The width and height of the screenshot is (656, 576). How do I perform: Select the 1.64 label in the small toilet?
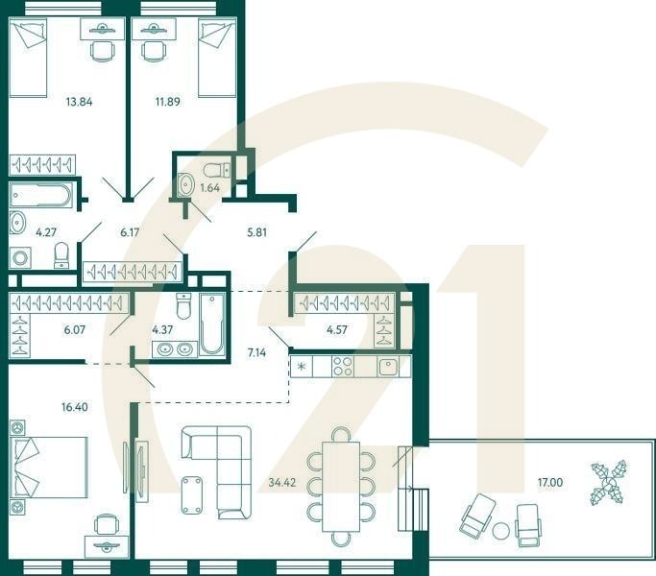coord(209,188)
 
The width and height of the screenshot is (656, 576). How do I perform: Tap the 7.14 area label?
coord(257,352)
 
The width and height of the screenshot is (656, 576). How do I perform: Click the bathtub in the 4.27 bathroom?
coord(40,197)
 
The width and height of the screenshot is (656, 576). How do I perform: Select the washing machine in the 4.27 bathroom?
coord(20,256)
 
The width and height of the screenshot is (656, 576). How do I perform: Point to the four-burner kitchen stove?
coord(344,366)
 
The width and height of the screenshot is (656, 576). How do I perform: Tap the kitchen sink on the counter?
coord(389,366)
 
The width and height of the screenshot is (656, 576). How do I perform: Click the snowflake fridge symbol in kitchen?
coord(303,366)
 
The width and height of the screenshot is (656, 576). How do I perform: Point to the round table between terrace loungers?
coord(499,529)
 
